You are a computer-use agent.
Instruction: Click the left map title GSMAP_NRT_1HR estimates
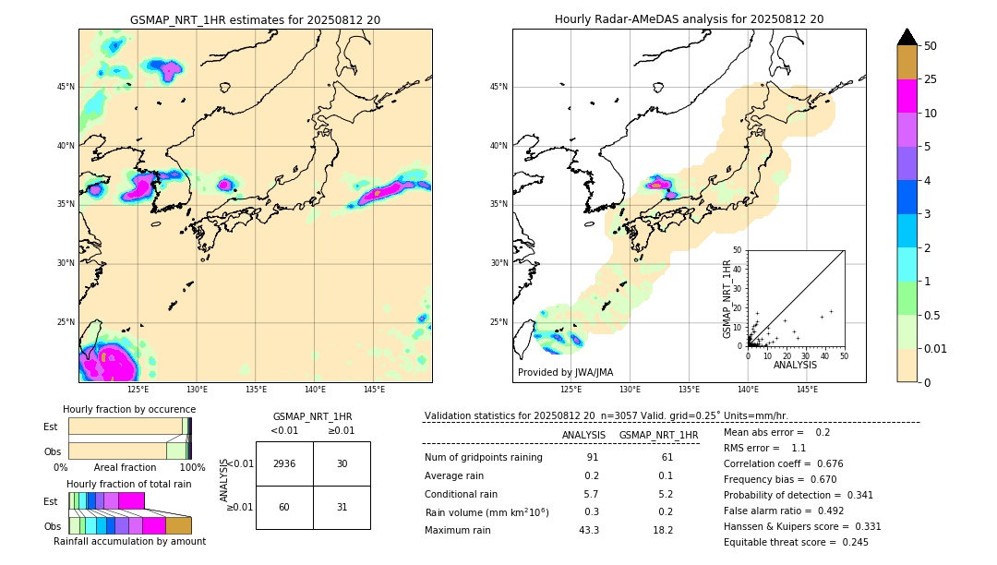(x=255, y=19)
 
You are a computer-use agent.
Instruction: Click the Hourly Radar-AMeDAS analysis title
(x=689, y=19)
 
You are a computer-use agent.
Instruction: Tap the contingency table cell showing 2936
(x=284, y=463)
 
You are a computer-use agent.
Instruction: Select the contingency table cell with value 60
(x=284, y=507)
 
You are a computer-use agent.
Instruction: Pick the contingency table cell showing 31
(x=342, y=507)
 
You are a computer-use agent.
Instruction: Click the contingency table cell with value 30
(x=342, y=463)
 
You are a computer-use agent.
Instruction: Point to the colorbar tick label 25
(x=931, y=79)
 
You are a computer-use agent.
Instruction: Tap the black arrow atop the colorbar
(x=907, y=37)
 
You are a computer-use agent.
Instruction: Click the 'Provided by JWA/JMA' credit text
(x=565, y=373)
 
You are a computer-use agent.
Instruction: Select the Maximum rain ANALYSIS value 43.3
(x=588, y=530)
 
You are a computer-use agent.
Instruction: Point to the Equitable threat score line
(x=796, y=542)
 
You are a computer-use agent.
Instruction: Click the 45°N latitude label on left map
(x=66, y=87)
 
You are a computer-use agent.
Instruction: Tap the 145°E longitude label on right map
(x=807, y=390)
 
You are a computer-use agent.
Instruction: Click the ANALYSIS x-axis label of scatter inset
(x=795, y=365)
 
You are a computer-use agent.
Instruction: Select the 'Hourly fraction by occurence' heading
(x=129, y=409)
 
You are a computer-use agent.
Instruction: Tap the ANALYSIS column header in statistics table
(x=583, y=435)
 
